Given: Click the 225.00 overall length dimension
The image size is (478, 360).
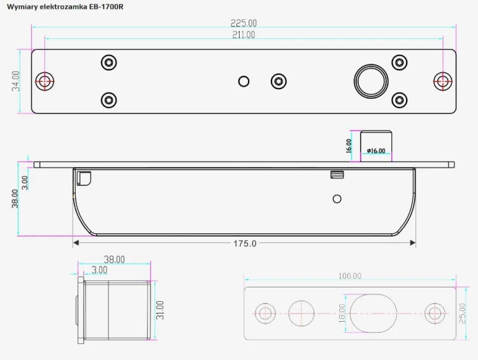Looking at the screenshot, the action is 243,23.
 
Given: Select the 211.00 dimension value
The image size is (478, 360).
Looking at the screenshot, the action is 243,35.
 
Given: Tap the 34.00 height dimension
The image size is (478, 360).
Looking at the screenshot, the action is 16,81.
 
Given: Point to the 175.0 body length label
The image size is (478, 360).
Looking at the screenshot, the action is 245,243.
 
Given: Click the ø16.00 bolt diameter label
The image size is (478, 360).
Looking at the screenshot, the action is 376,150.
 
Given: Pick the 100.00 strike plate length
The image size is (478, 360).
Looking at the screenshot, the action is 350,276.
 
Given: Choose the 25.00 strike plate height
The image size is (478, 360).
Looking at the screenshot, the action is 463,313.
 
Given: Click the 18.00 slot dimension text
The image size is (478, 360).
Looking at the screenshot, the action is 342,313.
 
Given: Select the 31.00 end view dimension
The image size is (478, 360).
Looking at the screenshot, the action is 160,310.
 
